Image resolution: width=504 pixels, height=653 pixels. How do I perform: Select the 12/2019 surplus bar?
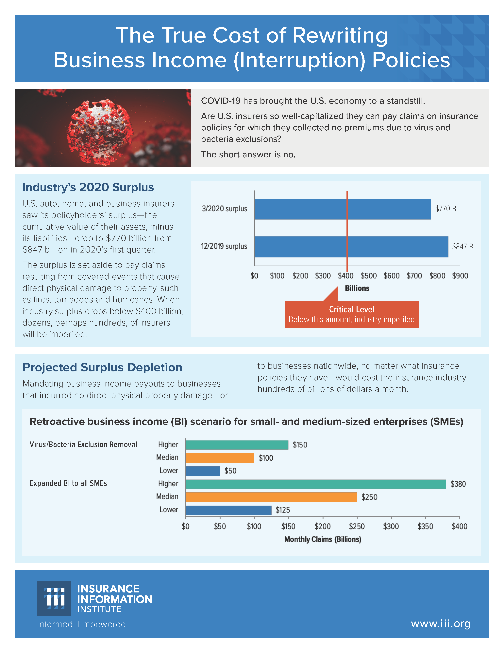pos(351,247)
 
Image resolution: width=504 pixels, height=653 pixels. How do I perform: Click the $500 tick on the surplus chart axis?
pos(368,276)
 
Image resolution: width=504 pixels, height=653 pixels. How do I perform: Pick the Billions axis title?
pos(357,288)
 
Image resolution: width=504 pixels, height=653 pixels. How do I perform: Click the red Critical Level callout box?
pos(351,315)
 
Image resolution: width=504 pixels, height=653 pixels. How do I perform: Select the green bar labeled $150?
pos(237,445)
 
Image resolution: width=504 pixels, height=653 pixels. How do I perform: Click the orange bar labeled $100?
pos(220,458)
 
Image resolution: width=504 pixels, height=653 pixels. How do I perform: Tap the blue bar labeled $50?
pos(203,471)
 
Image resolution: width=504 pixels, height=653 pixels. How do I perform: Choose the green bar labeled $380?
pos(316,484)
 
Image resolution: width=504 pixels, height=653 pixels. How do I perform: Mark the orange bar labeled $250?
pos(271,497)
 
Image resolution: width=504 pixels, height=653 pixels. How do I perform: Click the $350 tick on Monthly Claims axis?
pos(425,526)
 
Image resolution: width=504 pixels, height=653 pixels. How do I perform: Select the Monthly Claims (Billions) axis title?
pos(323,539)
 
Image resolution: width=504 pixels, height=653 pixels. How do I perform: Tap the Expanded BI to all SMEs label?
pos(68,483)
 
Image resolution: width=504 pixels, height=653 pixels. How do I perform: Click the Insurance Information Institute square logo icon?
pos(54,598)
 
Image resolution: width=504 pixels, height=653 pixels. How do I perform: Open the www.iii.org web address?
pos(440,624)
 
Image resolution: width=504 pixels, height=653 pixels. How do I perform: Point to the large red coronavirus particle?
pos(99,129)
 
